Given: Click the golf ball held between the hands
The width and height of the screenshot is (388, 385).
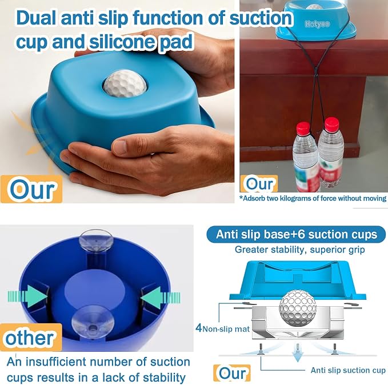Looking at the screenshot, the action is click(125, 83).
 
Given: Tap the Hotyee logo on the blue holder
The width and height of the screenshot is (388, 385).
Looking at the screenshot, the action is click(317, 24).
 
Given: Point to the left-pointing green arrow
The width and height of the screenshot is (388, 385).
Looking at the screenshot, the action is click(161, 298).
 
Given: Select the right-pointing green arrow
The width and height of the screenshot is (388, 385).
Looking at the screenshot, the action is click(27, 296).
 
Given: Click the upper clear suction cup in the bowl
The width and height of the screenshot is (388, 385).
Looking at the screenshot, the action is click(96, 240).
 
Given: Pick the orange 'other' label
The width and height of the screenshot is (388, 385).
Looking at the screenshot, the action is click(30, 338).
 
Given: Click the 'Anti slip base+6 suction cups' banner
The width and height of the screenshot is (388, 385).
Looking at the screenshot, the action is click(296, 234).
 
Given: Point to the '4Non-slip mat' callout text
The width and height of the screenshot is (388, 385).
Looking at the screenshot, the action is click(222, 328).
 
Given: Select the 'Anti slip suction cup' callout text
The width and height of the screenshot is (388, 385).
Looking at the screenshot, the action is click(348, 370).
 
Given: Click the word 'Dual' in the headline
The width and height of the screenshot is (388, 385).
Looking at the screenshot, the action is click(37, 18).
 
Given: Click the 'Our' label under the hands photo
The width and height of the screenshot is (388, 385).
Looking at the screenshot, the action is click(31, 189).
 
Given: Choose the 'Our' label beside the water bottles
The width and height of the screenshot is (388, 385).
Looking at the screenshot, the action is click(259, 183).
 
